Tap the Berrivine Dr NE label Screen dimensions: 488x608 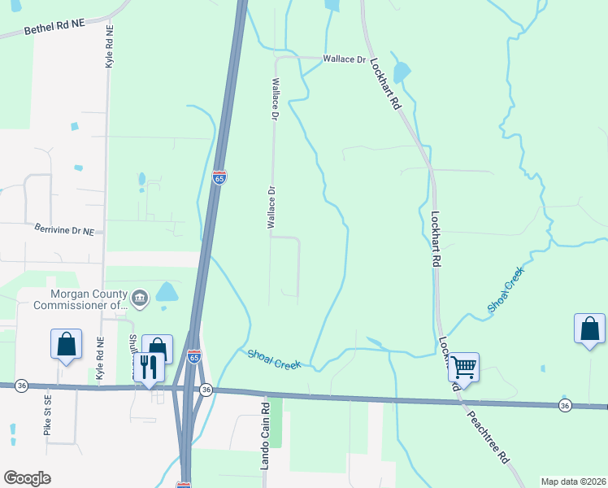pos(64,231)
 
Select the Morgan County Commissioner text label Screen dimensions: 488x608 pos(80,300)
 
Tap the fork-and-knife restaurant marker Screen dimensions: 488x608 pos(147,366)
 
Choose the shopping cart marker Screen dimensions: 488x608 pos(463,367)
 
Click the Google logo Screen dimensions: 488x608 pos(27,478)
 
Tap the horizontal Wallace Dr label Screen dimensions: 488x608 pos(345,59)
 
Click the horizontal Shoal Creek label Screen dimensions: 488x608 pos(275,359)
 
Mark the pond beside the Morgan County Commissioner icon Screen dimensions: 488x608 pos(167,292)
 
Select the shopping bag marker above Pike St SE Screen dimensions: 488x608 pos(66,343)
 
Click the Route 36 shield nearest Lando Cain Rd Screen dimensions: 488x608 pos(206,390)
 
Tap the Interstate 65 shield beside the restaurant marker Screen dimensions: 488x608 pos(193,356)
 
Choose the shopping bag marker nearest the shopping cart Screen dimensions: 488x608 pos(589,329)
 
